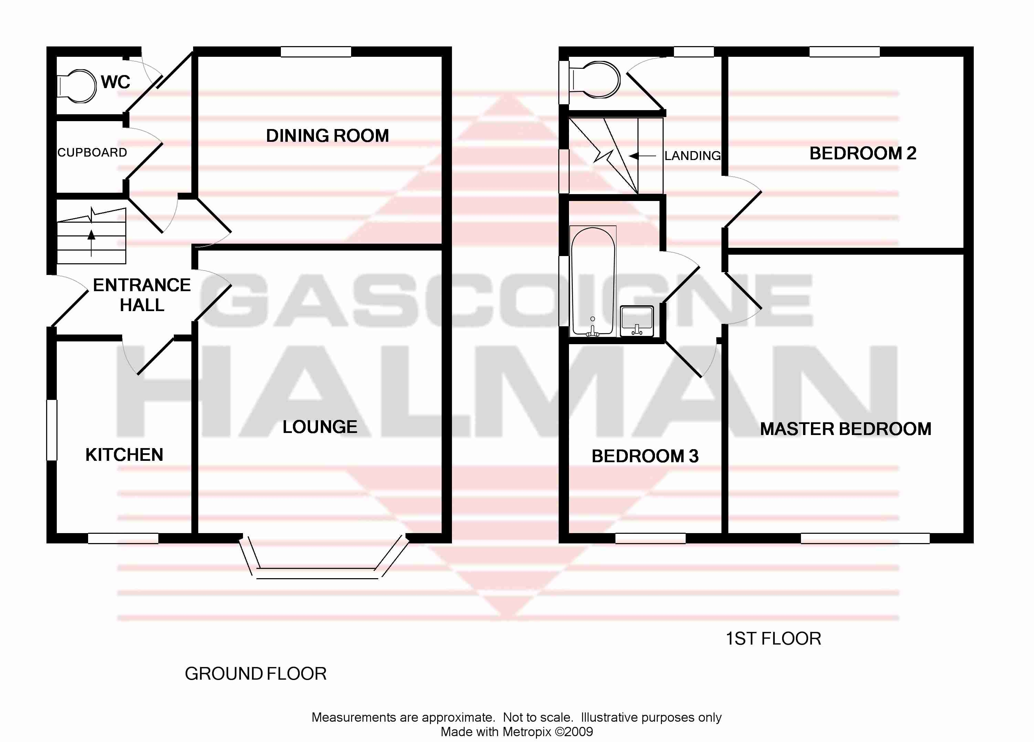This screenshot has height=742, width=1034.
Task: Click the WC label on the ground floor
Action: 115,82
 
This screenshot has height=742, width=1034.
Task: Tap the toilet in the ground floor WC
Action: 77,86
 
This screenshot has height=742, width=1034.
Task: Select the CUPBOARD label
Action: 92,152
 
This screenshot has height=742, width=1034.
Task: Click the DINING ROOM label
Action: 327,136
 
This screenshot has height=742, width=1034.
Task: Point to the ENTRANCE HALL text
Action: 142,295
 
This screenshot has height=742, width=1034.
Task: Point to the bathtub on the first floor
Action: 593,281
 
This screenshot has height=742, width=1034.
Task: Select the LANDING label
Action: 693,156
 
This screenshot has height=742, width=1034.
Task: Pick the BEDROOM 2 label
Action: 863,153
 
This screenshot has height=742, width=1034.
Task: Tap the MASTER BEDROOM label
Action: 845,429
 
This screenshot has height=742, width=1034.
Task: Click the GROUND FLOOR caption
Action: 255,674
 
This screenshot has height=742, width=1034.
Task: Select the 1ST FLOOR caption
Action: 773,638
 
